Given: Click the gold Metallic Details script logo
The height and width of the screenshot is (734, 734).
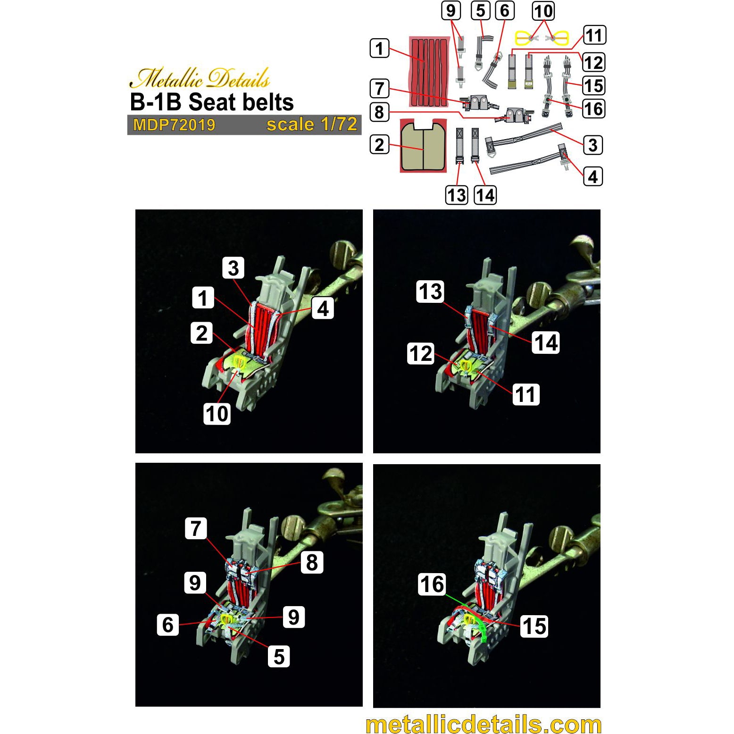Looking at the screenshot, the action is point(200,78).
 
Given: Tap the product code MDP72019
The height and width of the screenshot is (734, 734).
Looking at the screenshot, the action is point(174,125).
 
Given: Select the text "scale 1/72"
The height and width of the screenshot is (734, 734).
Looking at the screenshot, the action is point(312,124).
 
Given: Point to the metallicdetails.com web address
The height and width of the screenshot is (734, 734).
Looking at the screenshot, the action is point(484,725).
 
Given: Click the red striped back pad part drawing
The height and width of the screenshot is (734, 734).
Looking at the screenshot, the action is point(429,72).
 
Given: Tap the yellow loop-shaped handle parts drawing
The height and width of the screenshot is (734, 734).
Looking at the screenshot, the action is point(542,38).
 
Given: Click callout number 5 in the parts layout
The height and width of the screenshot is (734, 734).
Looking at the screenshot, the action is point(481,11).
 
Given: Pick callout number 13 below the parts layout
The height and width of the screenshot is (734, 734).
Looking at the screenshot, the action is point(457,195).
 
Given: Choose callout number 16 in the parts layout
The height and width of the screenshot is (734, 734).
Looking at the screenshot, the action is point(593,109).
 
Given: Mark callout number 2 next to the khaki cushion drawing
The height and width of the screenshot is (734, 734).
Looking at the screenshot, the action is point(380,145).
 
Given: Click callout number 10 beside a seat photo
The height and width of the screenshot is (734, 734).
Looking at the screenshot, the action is point(217,414).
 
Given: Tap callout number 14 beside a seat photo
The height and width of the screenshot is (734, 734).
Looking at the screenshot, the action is point(546,342).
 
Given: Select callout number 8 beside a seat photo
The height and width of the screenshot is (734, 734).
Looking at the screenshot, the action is point(312,562).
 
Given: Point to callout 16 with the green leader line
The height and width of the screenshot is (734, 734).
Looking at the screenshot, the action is point(432,584).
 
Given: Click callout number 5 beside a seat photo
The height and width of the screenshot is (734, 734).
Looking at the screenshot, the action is point(279,656).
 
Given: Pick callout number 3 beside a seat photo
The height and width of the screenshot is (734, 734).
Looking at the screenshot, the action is point(234,268).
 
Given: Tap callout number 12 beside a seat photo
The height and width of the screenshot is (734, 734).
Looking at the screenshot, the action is point(421,353).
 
